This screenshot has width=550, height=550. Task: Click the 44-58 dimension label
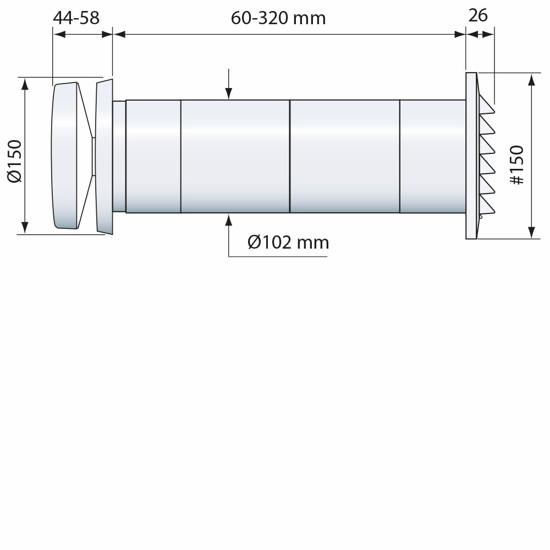click(x=76, y=18)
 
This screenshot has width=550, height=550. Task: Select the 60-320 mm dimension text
click(x=278, y=18)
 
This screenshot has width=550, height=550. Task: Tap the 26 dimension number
click(x=478, y=15)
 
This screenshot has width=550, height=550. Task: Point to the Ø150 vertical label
click(x=15, y=161)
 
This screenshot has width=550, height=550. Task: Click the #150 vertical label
click(x=516, y=165)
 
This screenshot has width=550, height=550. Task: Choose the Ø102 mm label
click(x=288, y=243)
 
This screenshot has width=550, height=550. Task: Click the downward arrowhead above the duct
click(x=229, y=94)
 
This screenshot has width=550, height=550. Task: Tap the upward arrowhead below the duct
click(x=229, y=220)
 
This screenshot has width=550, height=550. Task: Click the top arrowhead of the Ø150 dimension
click(x=25, y=84)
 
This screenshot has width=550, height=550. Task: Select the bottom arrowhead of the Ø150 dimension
click(x=25, y=228)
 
